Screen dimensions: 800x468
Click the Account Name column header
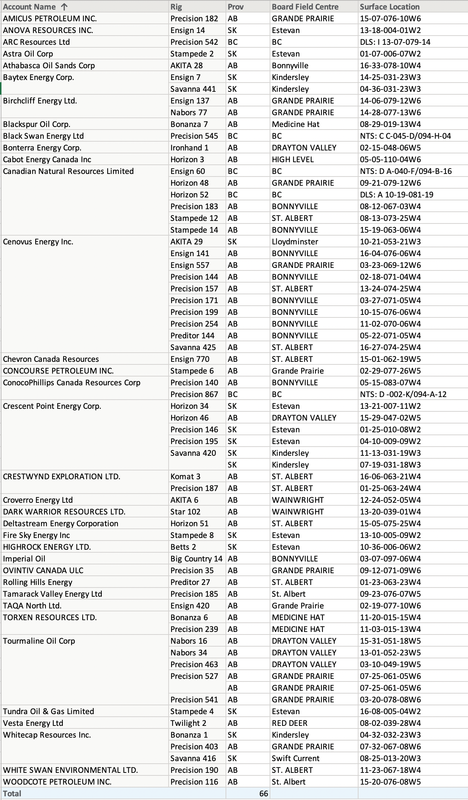point(29,7)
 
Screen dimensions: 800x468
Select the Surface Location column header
point(389,7)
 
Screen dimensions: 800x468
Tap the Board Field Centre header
point(305,7)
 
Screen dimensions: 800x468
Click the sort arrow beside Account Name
point(64,7)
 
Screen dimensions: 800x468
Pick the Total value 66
point(263,793)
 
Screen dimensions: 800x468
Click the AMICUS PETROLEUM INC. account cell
point(50,19)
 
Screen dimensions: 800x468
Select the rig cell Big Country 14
point(196,559)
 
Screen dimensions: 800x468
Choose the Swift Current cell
point(295,758)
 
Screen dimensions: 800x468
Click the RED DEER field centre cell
point(289,723)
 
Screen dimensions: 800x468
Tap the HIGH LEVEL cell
point(292,159)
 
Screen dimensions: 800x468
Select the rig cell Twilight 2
point(188,723)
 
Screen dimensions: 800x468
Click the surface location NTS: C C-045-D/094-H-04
point(405,136)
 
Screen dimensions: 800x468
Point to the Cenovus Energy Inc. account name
point(38,241)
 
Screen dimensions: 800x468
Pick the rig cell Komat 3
point(185,476)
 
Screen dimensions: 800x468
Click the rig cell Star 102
point(185,512)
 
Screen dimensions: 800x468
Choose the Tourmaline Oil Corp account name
point(39,641)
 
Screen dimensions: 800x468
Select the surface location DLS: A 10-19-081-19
point(396,194)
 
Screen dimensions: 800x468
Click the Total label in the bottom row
point(12,793)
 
